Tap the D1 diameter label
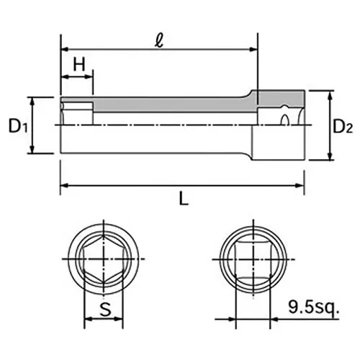click(18, 127)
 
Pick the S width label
click(105, 311)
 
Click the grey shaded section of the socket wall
click(173, 105)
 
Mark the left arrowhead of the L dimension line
click(63, 186)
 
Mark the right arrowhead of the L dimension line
click(302, 186)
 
